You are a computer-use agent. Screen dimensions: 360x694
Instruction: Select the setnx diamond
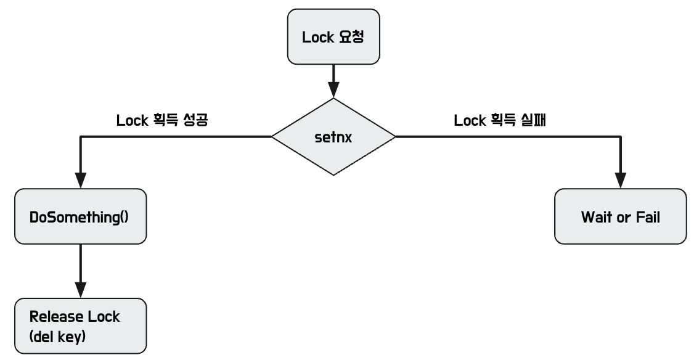pyautogui.click(x=333, y=137)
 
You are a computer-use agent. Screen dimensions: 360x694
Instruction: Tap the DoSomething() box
pyautogui.click(x=81, y=217)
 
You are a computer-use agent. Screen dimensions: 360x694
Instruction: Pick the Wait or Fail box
pyautogui.click(x=620, y=217)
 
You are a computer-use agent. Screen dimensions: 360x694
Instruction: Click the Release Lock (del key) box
pyautogui.click(x=81, y=325)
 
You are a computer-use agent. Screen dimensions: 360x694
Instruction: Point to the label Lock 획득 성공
pyautogui.click(x=161, y=121)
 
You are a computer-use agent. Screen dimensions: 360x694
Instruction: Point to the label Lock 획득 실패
pyautogui.click(x=501, y=121)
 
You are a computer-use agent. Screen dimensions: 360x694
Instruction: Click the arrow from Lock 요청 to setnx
pyautogui.click(x=333, y=80)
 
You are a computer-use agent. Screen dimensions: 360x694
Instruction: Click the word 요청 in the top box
pyautogui.click(x=351, y=38)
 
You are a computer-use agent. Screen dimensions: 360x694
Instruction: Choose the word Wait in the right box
pyautogui.click(x=595, y=217)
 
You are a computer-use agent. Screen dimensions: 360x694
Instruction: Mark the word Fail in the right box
pyautogui.click(x=647, y=217)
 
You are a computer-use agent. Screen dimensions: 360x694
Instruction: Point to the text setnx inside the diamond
pyautogui.click(x=333, y=137)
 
